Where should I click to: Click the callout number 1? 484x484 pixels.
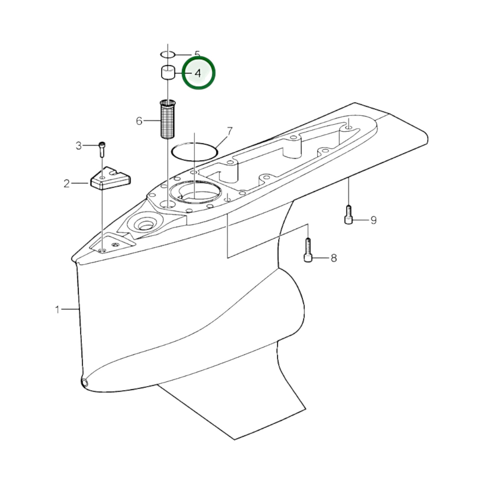click(58, 309)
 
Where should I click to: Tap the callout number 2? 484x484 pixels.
click(66, 184)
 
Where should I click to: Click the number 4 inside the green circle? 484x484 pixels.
click(198, 73)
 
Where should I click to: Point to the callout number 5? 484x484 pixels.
click(197, 54)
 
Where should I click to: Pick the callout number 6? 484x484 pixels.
click(139, 121)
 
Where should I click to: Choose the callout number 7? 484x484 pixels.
click(229, 131)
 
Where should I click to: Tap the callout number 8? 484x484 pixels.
click(334, 258)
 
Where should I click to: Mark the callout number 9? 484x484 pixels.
click(374, 220)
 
